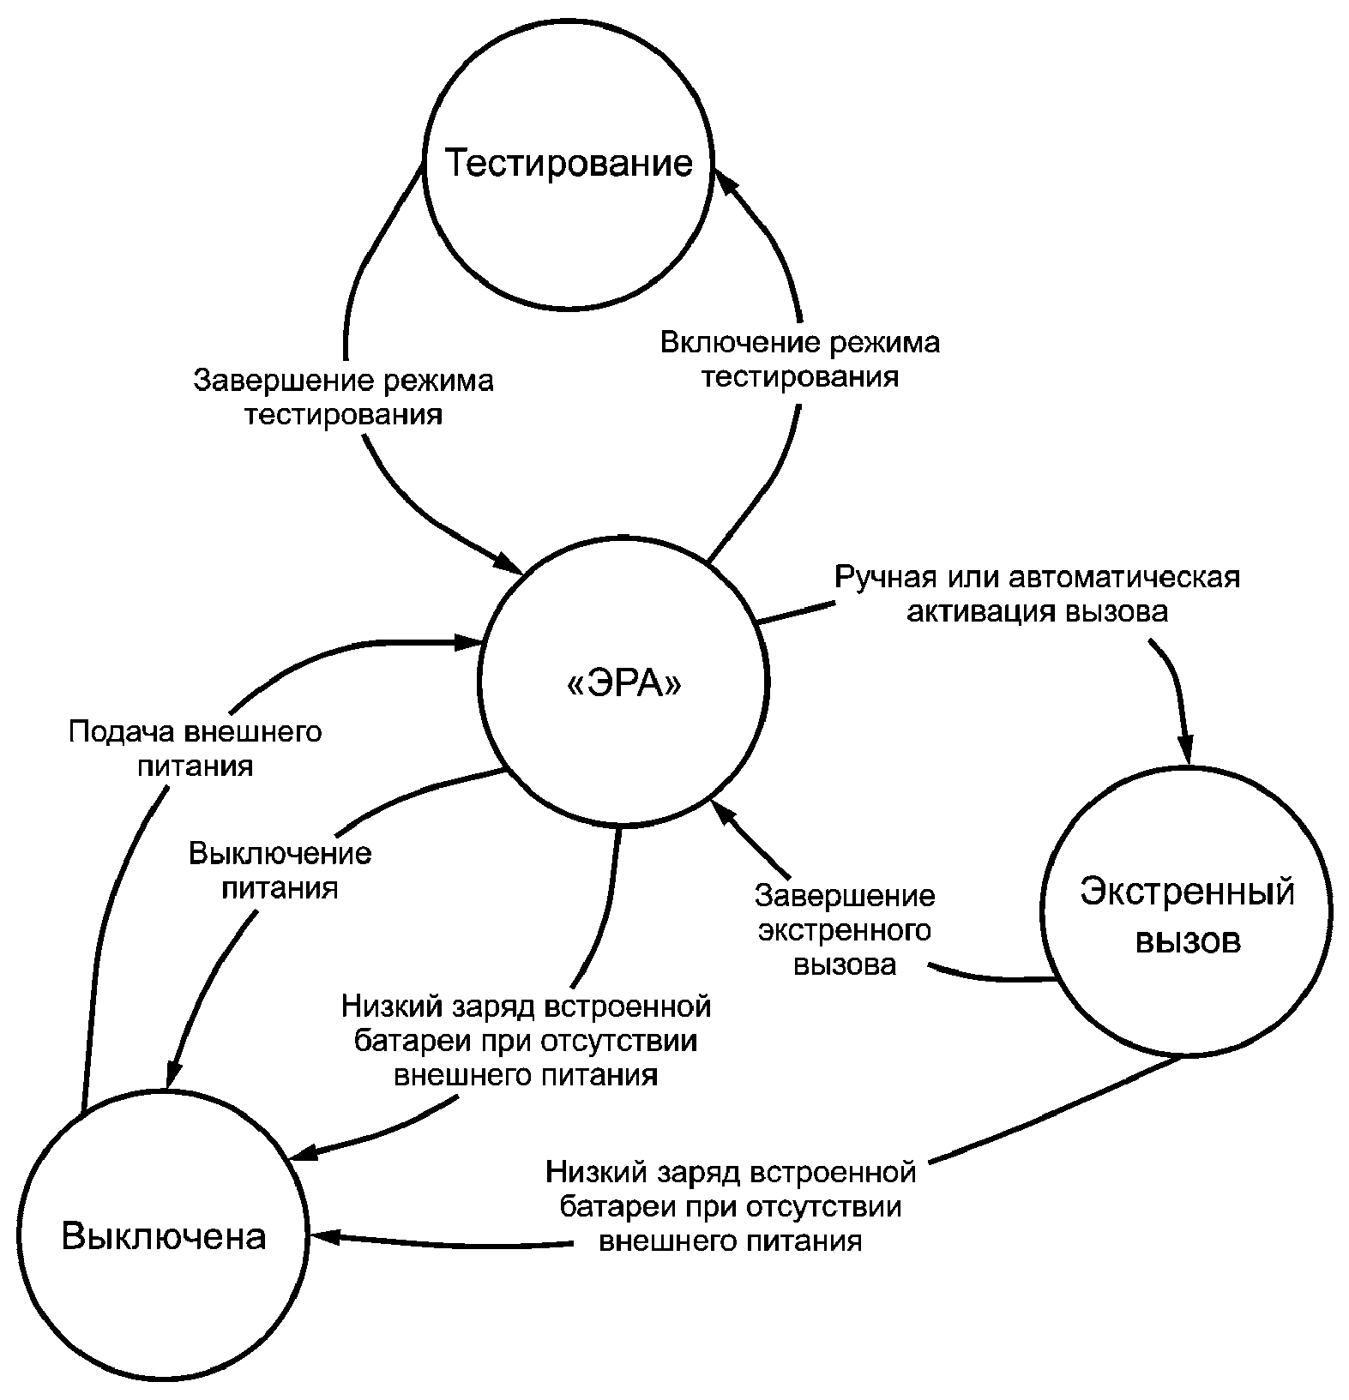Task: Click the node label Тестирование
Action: (569, 163)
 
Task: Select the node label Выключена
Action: (164, 1236)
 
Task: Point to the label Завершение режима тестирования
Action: (344, 397)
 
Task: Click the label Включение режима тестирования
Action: (800, 359)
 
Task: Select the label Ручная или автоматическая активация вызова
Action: (1038, 594)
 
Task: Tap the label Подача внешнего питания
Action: (196, 748)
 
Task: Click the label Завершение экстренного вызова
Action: (845, 930)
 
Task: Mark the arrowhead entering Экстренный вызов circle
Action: (1187, 747)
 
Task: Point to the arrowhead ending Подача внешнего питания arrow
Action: (468, 641)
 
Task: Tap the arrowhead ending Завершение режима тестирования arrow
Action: (509, 564)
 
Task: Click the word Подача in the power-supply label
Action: (122, 733)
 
